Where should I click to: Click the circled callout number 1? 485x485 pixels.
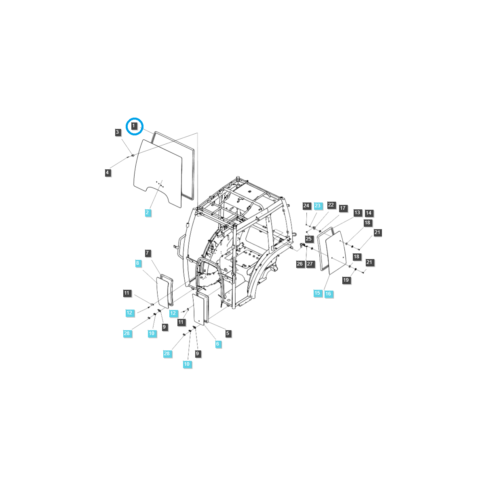(x=134, y=127)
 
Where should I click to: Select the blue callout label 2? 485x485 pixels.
(x=148, y=213)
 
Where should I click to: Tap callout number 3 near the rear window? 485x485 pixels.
(x=118, y=132)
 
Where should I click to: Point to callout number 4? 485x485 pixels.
(x=108, y=173)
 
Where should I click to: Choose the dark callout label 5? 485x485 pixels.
(x=228, y=333)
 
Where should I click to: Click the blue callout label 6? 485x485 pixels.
(x=218, y=344)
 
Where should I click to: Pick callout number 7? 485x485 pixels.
(x=148, y=253)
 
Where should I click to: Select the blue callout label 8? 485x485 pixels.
(x=138, y=263)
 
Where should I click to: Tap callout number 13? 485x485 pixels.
(x=357, y=213)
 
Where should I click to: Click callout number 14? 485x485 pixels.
(x=369, y=213)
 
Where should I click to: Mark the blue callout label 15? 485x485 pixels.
(x=317, y=293)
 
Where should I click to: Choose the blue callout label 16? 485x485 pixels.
(x=328, y=294)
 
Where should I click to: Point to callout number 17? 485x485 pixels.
(x=343, y=208)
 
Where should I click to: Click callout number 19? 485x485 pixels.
(x=346, y=280)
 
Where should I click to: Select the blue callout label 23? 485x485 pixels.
(x=318, y=206)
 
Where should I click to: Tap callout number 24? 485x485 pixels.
(x=306, y=206)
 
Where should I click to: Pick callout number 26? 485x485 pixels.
(x=300, y=264)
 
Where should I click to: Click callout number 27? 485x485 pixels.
(x=310, y=264)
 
